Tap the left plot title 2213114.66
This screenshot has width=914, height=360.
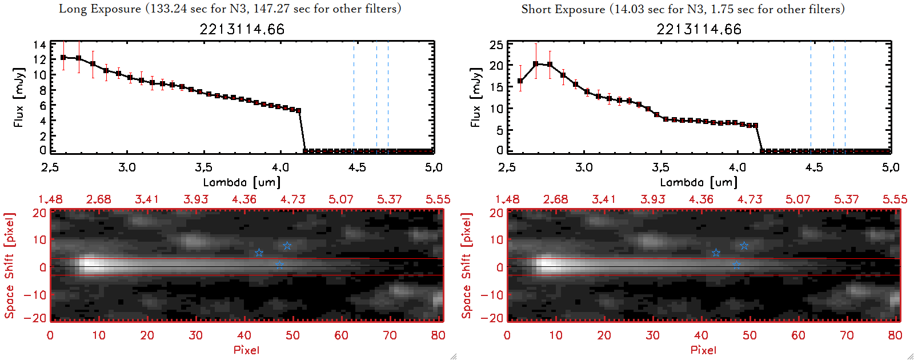242,29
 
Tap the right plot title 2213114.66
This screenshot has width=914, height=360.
699,29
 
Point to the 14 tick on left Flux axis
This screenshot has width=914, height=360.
39,45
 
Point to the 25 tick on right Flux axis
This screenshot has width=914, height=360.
496,45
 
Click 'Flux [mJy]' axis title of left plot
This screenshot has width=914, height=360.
19,97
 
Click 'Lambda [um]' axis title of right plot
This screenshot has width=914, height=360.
699,182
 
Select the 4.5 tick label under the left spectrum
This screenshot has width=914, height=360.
357,167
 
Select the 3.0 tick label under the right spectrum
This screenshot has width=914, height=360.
584,167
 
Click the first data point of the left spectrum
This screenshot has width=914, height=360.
63,58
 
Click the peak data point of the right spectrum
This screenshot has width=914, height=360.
535,64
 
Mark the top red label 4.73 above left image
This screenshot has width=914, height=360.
292,199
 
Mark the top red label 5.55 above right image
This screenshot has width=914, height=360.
895,199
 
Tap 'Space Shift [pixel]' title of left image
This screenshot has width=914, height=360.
9,266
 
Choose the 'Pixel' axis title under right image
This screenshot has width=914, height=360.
703,350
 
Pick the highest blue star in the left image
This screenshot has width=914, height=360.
287,246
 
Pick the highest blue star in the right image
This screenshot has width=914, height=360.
744,246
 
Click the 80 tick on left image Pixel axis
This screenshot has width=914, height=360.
438,335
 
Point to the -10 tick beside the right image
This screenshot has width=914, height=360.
492,294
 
